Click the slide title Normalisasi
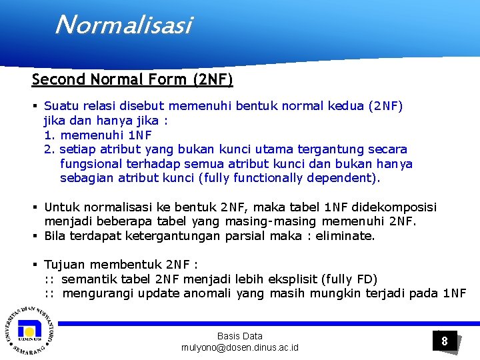[123, 25]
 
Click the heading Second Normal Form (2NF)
[132, 80]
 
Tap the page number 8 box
[445, 341]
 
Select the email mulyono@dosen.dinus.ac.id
[240, 347]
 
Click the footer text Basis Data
[240, 336]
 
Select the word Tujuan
[65, 265]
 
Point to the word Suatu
[61, 105]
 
